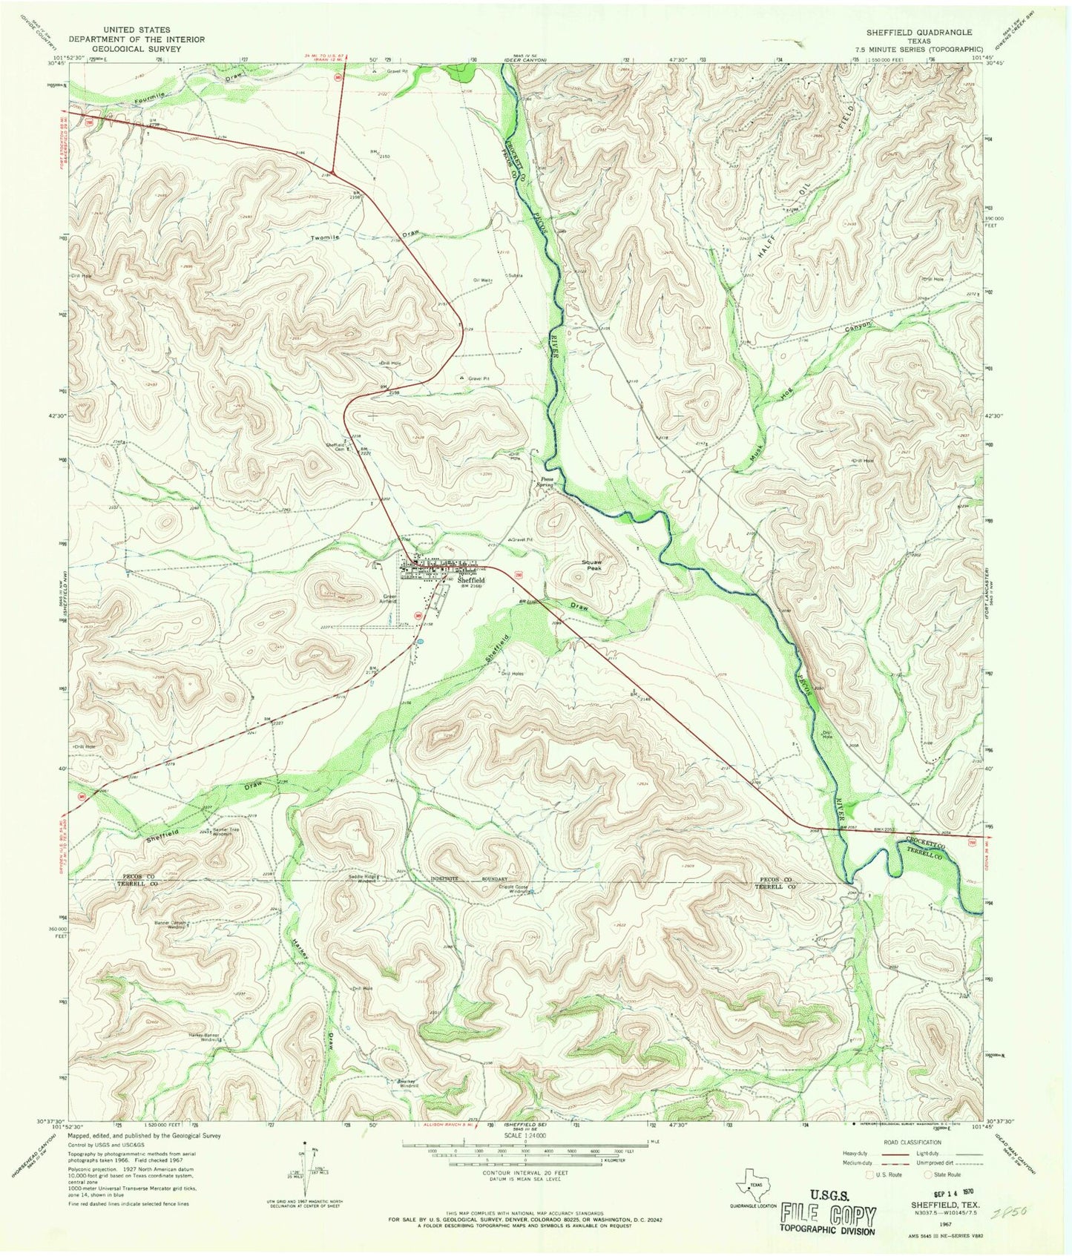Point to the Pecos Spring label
[546, 482]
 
